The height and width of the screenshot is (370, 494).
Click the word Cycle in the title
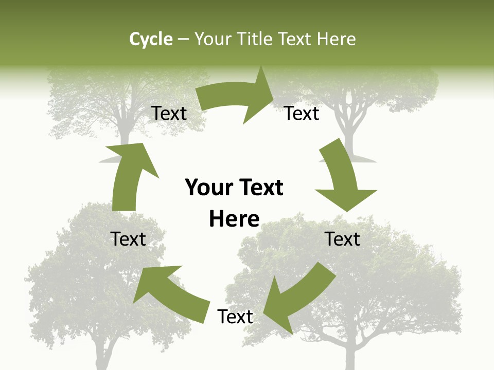tap(151, 39)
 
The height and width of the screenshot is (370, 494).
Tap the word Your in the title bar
tap(212, 39)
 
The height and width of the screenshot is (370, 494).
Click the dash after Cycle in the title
tap(183, 40)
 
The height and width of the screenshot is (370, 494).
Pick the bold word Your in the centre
tap(207, 188)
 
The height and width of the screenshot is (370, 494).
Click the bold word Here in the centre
tap(234, 219)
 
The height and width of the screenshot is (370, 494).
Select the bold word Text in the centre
tap(260, 188)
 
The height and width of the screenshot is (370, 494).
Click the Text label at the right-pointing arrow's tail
tap(169, 114)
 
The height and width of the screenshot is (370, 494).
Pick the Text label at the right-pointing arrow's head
tap(302, 114)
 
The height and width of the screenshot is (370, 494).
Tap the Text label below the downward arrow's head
tap(342, 239)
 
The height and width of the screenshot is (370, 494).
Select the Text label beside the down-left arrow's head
tap(235, 317)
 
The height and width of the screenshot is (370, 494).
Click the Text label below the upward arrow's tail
tap(129, 239)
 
